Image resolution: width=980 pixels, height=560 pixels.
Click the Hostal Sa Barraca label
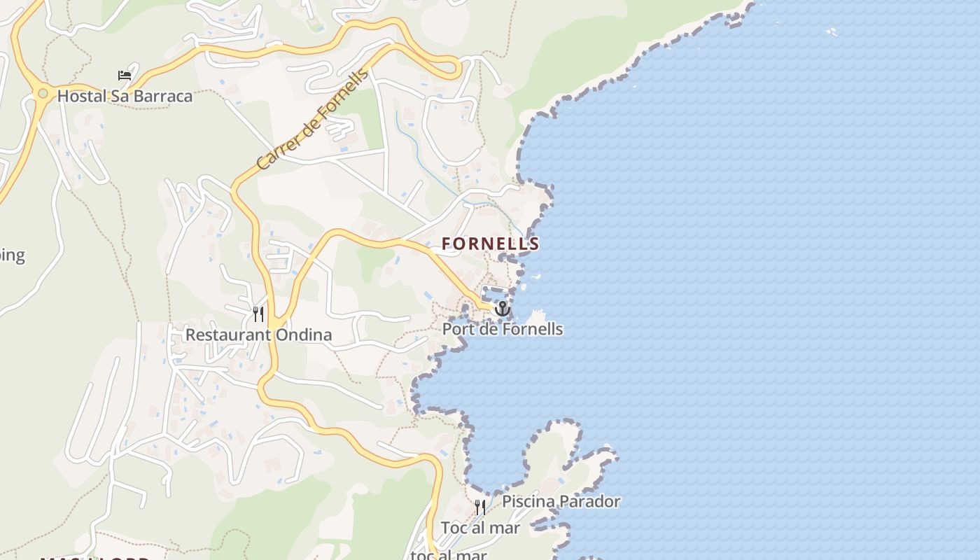[x=125, y=96]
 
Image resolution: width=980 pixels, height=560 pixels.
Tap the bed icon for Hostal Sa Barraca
[x=125, y=76]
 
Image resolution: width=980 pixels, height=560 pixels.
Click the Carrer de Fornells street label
[x=312, y=120]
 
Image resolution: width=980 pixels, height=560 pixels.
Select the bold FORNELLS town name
[x=490, y=244]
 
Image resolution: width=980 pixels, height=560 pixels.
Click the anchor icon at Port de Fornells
[x=502, y=309]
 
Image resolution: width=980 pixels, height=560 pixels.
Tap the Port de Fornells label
[x=503, y=328]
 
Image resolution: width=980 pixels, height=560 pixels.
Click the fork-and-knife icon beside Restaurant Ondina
[x=258, y=313]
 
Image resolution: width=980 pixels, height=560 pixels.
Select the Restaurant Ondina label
[x=258, y=335]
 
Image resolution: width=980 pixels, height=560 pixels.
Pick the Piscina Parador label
[x=561, y=501]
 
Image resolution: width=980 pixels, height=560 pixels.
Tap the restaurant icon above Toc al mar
[x=480, y=507]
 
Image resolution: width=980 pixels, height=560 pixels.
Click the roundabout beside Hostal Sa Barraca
[x=43, y=93]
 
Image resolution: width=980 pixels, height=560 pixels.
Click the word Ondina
[x=304, y=335]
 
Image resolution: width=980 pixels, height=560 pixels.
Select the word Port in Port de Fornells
[x=457, y=328]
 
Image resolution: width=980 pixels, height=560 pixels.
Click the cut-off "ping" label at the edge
[x=11, y=255]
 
